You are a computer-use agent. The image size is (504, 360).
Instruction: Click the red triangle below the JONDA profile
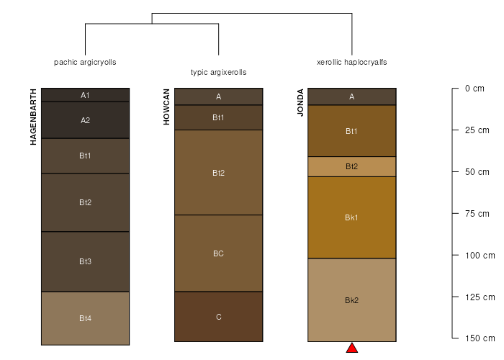[x=352, y=348]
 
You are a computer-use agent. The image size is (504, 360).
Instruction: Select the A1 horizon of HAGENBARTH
[x=85, y=95]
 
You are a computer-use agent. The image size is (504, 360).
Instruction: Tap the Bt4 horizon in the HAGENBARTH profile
[x=85, y=318]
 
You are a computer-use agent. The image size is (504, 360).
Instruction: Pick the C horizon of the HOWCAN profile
[x=219, y=317]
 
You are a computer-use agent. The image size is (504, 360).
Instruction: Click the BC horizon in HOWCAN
[x=219, y=253]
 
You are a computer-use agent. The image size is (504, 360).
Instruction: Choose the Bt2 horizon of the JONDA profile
[x=352, y=166]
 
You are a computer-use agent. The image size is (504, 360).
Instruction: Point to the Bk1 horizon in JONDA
[x=352, y=217]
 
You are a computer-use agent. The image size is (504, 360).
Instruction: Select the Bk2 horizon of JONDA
[x=352, y=300]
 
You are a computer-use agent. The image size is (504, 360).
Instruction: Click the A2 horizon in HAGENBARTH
[x=85, y=120]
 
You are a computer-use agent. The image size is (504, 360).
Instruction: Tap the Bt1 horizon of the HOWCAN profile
[x=219, y=117]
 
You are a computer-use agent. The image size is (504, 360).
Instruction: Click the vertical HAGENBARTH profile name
[x=33, y=117]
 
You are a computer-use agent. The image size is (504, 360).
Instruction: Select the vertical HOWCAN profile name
[x=166, y=107]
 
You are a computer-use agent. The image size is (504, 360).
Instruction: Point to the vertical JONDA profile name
[x=300, y=102]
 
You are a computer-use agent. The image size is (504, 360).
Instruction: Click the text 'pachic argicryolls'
[x=85, y=62]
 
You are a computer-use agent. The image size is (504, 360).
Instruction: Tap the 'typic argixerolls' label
[x=219, y=72]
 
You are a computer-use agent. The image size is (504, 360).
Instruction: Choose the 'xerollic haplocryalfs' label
[x=352, y=62]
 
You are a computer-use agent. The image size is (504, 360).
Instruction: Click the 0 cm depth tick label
[x=474, y=89]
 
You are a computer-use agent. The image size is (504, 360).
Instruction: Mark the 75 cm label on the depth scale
[x=477, y=213]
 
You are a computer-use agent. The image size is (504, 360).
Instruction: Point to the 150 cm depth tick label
[x=480, y=338]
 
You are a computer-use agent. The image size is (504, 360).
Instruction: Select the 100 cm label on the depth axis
[x=480, y=255]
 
